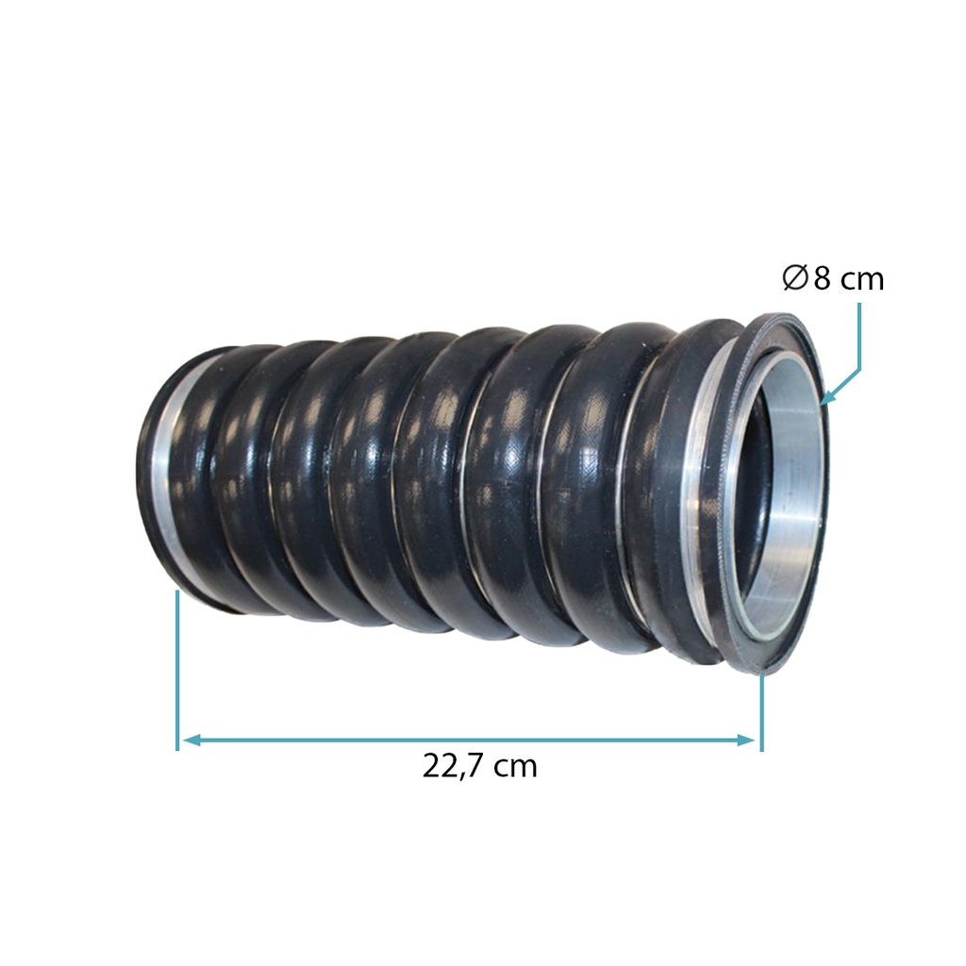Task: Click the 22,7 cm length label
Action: click(x=480, y=768)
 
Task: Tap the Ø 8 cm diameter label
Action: click(x=833, y=279)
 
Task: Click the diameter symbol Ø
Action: click(x=794, y=279)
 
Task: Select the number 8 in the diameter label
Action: click(x=823, y=279)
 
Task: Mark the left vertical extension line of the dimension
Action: click(x=177, y=671)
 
